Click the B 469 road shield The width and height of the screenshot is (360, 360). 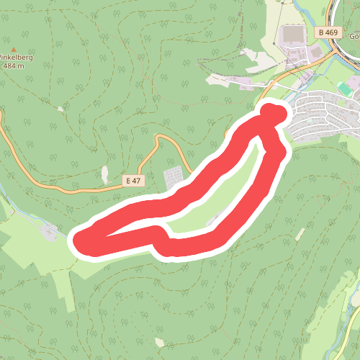(327, 32)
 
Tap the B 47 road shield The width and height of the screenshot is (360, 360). (132, 181)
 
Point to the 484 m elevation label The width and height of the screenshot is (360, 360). (14, 66)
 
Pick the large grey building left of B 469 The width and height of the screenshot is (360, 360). (293, 35)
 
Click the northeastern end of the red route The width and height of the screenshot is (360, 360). (273, 113)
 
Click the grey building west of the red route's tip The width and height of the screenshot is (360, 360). (49, 231)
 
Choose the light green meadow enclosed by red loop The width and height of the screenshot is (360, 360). (216, 194)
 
